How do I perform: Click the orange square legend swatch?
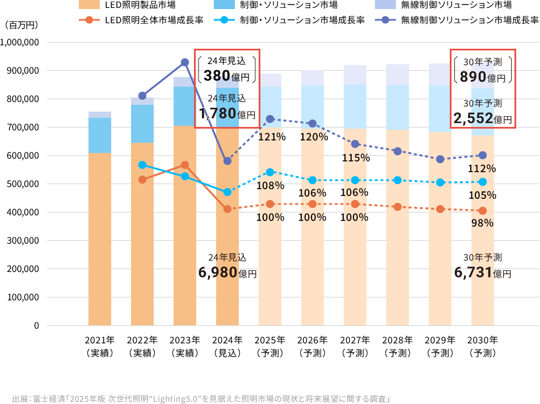tap(89, 5)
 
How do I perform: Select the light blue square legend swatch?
tap(224, 5)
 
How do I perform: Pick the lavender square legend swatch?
tap(385, 5)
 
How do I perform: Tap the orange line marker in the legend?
tap(89, 20)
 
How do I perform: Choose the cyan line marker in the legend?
tap(224, 20)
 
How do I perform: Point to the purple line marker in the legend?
tap(385, 20)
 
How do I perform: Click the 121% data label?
tap(271, 137)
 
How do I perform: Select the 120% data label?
tap(313, 137)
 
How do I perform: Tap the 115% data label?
tap(355, 158)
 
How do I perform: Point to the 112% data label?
tap(483, 168)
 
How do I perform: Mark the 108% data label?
tap(271, 186)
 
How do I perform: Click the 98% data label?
tap(483, 223)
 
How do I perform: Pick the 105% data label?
tap(483, 195)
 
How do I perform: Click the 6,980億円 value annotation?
tap(227, 273)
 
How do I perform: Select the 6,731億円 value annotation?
tap(483, 273)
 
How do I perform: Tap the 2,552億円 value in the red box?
tap(483, 119)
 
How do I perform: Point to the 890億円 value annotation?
tap(483, 77)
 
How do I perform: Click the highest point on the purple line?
tap(185, 62)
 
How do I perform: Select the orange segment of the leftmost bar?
tap(100, 238)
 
